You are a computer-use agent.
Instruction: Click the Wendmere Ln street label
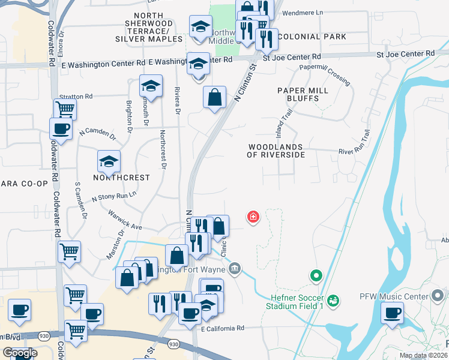[x=301, y=12]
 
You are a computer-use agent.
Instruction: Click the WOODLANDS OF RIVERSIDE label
[x=276, y=150]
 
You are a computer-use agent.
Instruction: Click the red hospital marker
[x=253, y=217]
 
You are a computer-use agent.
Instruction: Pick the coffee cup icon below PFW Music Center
[x=393, y=313]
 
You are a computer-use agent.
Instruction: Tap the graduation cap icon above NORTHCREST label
[x=109, y=161]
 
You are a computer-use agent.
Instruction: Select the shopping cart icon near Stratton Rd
[x=65, y=109]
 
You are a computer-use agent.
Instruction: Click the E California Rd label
[x=223, y=328]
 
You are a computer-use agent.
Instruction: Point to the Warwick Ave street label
[x=125, y=220]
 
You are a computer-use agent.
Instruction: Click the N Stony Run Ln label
[x=113, y=196]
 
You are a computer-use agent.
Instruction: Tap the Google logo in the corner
[x=20, y=353]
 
